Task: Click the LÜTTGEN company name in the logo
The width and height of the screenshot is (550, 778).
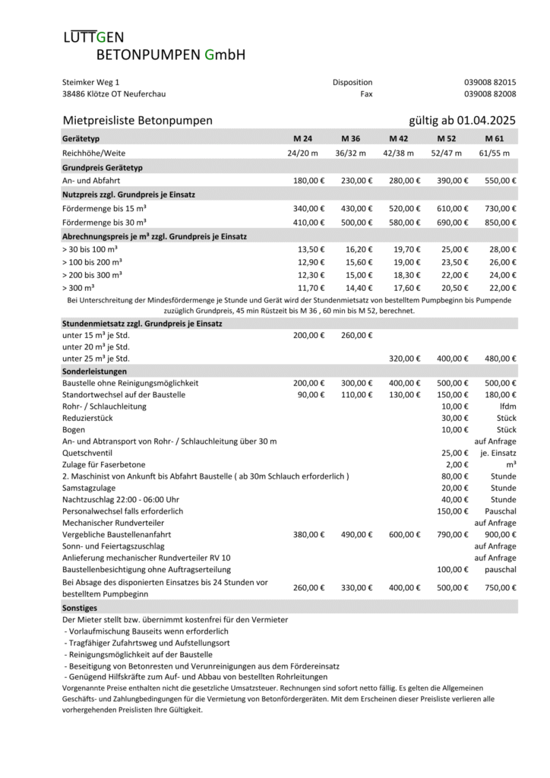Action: pyautogui.click(x=93, y=37)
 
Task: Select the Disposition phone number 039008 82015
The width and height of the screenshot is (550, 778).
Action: pyautogui.click(x=490, y=82)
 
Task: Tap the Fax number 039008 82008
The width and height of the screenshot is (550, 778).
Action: pyautogui.click(x=490, y=94)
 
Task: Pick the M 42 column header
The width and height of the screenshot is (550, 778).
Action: pyautogui.click(x=398, y=139)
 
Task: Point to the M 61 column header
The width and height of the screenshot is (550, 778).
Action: pyautogui.click(x=495, y=139)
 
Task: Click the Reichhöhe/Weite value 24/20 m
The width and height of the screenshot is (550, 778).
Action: pyautogui.click(x=303, y=153)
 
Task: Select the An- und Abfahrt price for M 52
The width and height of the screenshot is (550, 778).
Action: pyautogui.click(x=452, y=181)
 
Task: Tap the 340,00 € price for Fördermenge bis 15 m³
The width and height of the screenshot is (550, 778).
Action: pyautogui.click(x=308, y=208)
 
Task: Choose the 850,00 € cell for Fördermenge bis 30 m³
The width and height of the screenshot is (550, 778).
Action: pyautogui.click(x=501, y=222)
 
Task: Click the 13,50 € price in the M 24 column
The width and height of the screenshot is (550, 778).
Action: pyautogui.click(x=311, y=249)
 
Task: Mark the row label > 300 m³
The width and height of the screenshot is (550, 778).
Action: pyautogui.click(x=78, y=288)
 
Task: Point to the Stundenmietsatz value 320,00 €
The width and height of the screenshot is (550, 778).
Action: pyautogui.click(x=404, y=358)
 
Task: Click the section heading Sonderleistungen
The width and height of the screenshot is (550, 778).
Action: pyautogui.click(x=93, y=371)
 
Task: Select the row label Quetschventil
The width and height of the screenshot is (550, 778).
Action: pyautogui.click(x=84, y=452)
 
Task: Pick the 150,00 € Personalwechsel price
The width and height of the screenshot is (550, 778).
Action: pyautogui.click(x=453, y=511)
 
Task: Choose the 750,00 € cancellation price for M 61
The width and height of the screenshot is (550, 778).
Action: pyautogui.click(x=501, y=587)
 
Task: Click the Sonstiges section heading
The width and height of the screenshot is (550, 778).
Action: pyautogui.click(x=80, y=608)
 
